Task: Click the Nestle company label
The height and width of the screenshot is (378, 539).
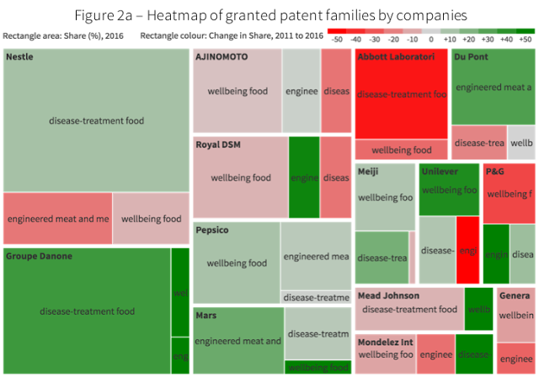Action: click(x=20, y=57)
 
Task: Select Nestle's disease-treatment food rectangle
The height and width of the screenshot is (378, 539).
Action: click(x=96, y=121)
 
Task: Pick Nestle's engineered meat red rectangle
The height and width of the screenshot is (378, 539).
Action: click(x=57, y=219)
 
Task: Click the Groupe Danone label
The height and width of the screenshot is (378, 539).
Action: click(x=39, y=256)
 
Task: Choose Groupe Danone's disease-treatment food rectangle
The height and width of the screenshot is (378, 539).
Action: click(x=87, y=311)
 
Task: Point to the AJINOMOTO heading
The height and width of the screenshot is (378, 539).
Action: click(x=221, y=57)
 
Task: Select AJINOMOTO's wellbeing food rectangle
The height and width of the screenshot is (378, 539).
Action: click(x=237, y=91)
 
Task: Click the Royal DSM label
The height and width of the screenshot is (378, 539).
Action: click(x=218, y=145)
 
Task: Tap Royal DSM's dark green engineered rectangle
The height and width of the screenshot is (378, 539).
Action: click(x=304, y=178)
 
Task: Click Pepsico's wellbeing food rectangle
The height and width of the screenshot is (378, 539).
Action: click(x=237, y=263)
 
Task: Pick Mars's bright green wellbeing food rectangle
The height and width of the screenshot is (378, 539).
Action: click(x=318, y=367)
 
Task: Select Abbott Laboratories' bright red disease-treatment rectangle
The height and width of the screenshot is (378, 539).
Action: click(x=402, y=94)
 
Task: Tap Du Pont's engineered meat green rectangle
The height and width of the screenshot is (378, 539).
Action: click(x=494, y=87)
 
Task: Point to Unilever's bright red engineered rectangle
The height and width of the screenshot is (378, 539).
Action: click(x=468, y=251)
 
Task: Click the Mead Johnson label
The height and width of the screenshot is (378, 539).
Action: click(x=388, y=296)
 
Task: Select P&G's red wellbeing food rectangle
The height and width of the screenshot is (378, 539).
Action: click(x=510, y=194)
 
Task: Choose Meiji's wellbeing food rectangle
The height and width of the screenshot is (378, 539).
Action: click(x=386, y=198)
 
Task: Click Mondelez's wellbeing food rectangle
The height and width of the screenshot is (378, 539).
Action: click(x=385, y=355)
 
